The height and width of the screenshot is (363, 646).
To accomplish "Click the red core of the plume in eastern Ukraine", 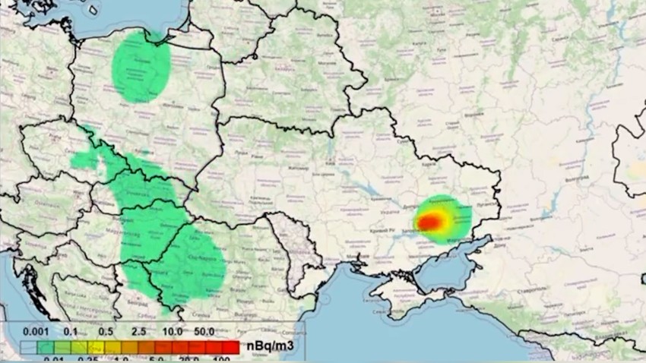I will coord(432,221).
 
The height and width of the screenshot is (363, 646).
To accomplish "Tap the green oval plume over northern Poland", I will coord(141,67).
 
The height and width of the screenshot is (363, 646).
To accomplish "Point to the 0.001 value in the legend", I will coord(36,332).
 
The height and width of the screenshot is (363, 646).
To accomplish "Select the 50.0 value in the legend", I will coord(204,332).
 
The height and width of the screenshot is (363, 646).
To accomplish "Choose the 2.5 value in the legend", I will coord(138,332).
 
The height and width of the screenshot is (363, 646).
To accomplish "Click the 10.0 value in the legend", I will coord(172,332).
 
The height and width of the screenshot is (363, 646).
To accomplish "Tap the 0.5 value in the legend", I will coord(106,332).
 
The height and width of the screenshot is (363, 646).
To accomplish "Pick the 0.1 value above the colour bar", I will coord(72,332).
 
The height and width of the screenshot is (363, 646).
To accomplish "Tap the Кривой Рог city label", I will coord(383,229).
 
